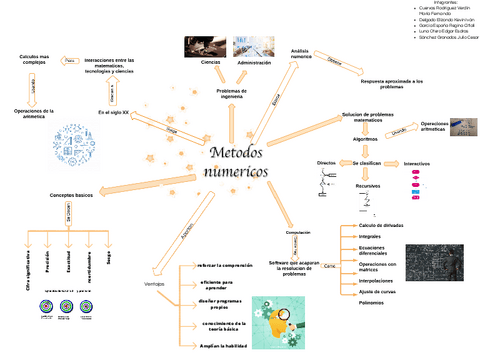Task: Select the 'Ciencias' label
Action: point(210,63)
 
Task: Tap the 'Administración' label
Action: point(254,63)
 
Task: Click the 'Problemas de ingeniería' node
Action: point(232,93)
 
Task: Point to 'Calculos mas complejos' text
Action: point(34,61)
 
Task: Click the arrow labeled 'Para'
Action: point(69,61)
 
